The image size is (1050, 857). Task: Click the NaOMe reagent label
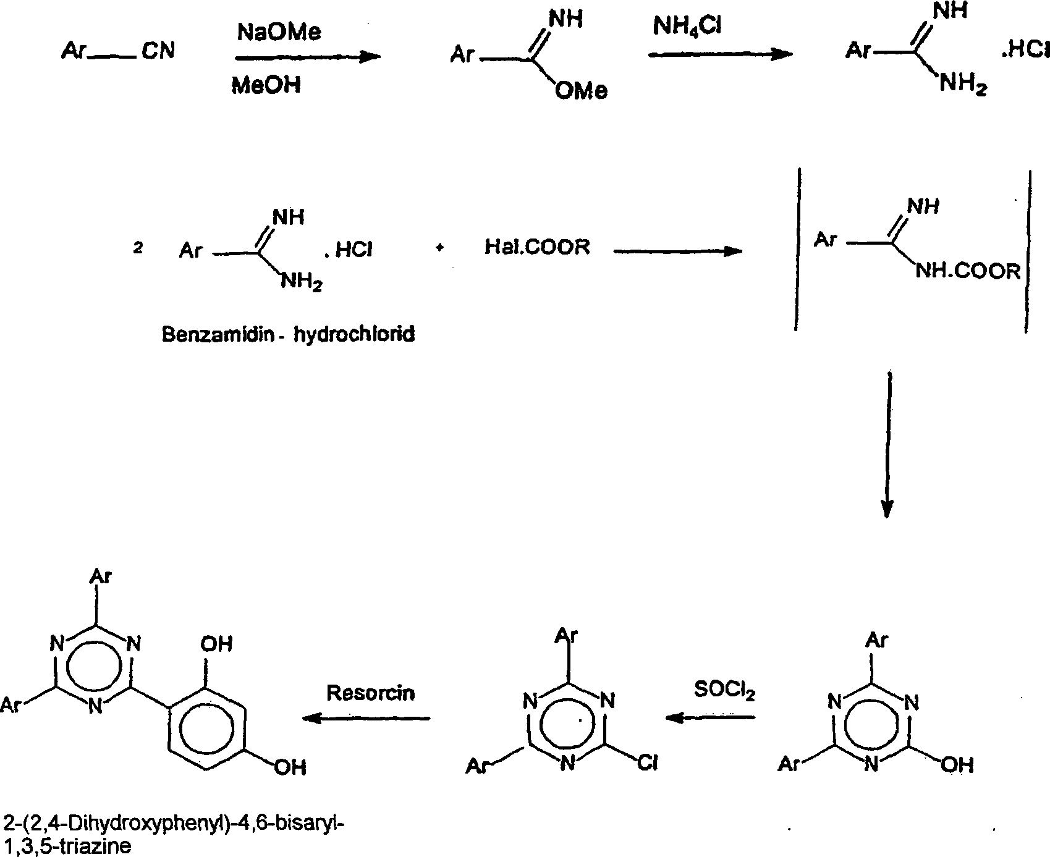(279, 32)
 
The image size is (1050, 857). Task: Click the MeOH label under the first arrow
(266, 85)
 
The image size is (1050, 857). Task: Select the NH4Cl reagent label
(687, 27)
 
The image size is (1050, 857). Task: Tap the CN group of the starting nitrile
(158, 51)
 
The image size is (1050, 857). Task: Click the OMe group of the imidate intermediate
(580, 91)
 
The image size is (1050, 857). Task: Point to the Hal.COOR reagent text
(536, 248)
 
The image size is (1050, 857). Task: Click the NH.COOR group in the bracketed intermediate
(967, 271)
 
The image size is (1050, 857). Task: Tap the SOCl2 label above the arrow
(724, 690)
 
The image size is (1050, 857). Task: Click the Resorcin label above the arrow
(370, 693)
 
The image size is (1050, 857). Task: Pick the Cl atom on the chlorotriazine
(646, 764)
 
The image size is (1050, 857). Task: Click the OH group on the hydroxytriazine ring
(957, 765)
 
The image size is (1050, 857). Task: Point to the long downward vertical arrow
(887, 445)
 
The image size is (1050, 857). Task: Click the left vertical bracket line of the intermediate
(798, 247)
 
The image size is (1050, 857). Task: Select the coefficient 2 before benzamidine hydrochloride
(138, 249)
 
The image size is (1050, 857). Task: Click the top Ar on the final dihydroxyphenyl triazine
(101, 576)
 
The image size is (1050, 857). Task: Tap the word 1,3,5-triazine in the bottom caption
(67, 845)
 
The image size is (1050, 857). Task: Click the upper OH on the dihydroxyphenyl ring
(216, 644)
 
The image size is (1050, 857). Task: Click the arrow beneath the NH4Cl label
(720, 54)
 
